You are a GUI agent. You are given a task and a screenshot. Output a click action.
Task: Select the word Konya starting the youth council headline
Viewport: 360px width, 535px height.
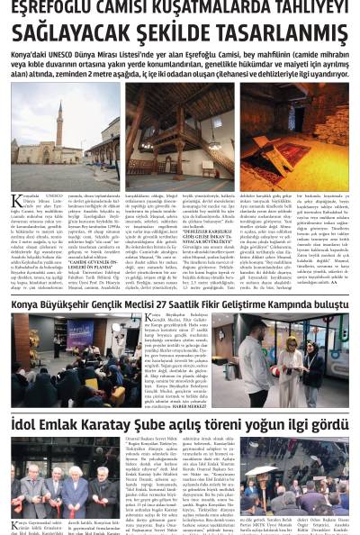click(x=28, y=306)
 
